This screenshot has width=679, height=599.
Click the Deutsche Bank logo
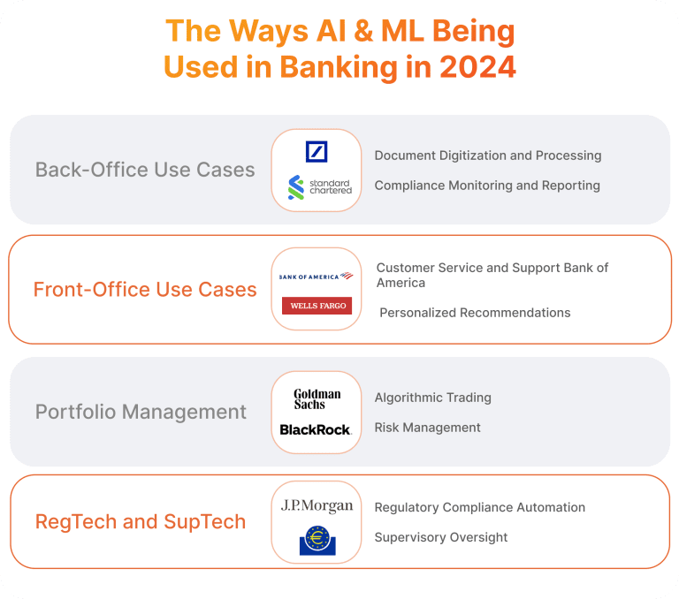[317, 151]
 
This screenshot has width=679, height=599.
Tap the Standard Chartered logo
[319, 186]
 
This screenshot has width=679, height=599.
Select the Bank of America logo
[316, 277]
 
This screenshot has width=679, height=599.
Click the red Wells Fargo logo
[317, 306]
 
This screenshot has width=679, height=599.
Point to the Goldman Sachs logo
[317, 398]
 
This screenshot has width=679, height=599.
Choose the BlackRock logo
[316, 429]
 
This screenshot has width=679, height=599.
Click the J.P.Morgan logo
[317, 506]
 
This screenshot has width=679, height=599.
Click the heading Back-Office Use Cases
[145, 170]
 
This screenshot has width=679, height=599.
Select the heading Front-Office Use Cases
[145, 289]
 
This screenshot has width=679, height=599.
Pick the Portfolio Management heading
[141, 412]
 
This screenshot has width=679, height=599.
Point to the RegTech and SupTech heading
[141, 522]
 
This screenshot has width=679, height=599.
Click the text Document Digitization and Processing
[487, 155]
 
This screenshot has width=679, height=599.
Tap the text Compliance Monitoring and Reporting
[487, 186]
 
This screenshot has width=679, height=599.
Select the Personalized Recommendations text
[475, 313]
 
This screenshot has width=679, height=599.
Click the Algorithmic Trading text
[432, 398]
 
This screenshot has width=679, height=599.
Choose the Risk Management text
[427, 428]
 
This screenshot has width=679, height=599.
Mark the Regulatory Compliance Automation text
[479, 507]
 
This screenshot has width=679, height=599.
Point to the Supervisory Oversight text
[440, 537]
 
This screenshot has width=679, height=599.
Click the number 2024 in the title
[470, 67]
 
